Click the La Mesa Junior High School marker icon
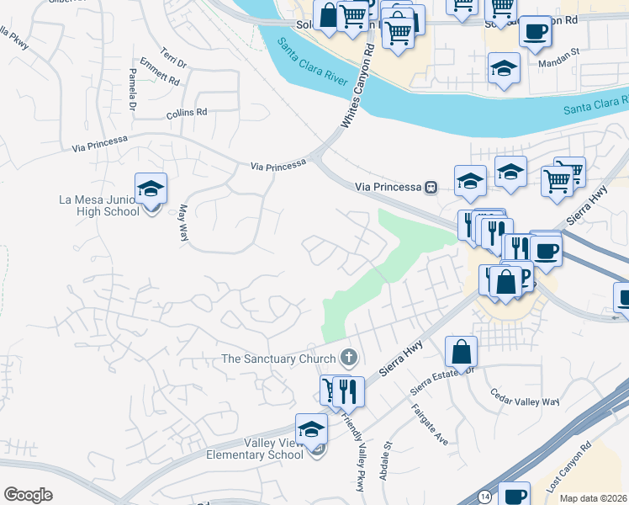pos(151,189)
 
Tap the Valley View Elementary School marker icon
pos(311,430)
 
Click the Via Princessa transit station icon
pos(431,186)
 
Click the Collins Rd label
pos(186,112)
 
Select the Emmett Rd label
pos(160,72)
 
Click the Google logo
pos(28,495)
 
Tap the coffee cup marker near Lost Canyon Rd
pos(514,495)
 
